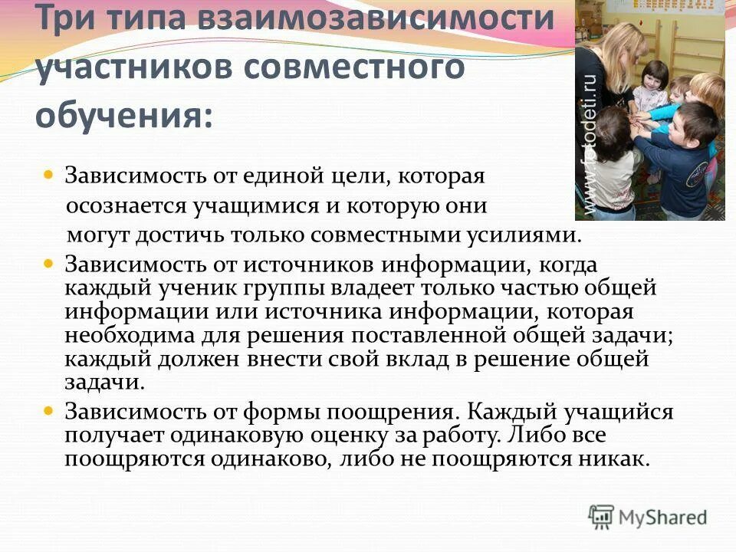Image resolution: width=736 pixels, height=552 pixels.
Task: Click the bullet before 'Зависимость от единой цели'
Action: pos(48,176)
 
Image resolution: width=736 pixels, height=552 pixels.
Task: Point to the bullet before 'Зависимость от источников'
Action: pos(48,263)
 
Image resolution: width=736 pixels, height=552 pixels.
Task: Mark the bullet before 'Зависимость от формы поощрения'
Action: pos(48,411)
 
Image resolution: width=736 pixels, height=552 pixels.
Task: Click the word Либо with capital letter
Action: pos(525,436)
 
